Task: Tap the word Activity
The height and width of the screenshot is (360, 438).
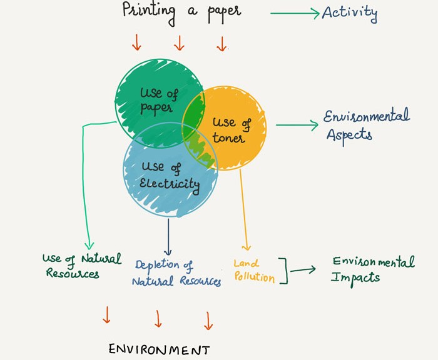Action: [350, 13]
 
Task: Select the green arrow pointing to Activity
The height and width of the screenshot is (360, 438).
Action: [295, 13]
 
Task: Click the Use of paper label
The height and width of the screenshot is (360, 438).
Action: [159, 101]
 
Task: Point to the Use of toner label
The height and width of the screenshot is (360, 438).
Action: [232, 131]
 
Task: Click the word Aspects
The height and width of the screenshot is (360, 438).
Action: [349, 136]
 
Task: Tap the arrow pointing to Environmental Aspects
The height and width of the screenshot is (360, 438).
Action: [297, 125]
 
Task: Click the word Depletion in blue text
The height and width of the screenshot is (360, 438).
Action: [157, 265]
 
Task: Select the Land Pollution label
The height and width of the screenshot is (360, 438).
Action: [254, 271]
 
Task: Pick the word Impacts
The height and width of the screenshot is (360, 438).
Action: [355, 279]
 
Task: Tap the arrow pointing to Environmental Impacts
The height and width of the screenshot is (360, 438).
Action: [303, 269]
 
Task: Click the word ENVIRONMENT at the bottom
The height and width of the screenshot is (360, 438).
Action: [159, 349]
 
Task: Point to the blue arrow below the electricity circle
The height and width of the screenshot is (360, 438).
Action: [168, 237]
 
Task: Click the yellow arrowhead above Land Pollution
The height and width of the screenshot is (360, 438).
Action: [247, 247]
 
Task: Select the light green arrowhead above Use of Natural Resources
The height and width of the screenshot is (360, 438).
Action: [89, 246]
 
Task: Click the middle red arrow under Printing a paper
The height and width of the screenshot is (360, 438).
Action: [179, 43]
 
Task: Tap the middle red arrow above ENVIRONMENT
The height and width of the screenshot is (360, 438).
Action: [158, 318]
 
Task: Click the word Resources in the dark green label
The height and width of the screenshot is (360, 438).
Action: [73, 274]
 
